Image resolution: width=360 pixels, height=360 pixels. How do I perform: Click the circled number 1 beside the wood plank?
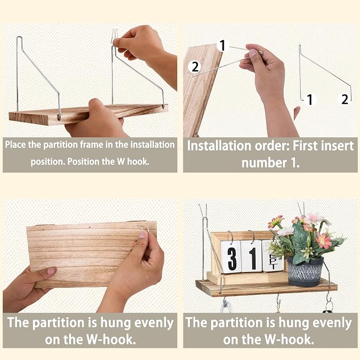pyautogui.click(x=223, y=45)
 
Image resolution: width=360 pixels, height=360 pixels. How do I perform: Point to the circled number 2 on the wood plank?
pyautogui.click(x=195, y=67)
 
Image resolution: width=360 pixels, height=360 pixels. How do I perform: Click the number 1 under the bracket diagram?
pyautogui.click(x=310, y=100)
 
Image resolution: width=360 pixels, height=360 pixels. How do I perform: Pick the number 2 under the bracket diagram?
pyautogui.click(x=345, y=99)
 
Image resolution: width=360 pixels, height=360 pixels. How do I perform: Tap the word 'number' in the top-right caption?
pyautogui.click(x=264, y=163)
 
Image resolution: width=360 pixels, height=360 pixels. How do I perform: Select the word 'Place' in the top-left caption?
pyautogui.click(x=15, y=145)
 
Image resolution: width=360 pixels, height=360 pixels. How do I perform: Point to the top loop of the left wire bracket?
pyautogui.click(x=19, y=38)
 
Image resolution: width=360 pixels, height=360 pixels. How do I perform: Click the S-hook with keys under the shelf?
pyautogui.click(x=329, y=303)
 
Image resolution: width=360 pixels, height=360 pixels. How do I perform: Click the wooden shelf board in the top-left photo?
pyautogui.click(x=89, y=115)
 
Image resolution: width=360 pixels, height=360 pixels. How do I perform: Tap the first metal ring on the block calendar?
pyautogui.click(x=230, y=236)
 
